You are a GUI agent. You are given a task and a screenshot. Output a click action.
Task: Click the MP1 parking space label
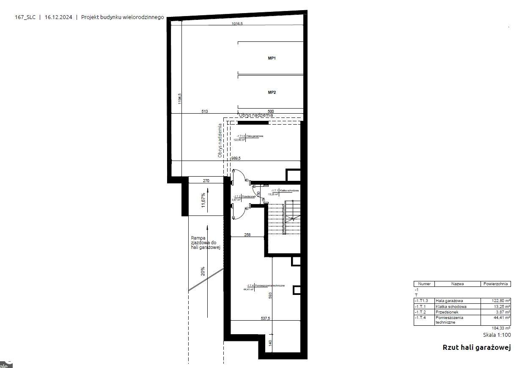pyautogui.click(x=272, y=58)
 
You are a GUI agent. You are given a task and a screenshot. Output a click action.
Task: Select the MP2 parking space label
pyautogui.click(x=272, y=92)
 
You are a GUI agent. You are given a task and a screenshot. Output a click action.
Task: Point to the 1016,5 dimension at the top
pyautogui.click(x=237, y=24)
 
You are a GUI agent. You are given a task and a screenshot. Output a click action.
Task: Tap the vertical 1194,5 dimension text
pyautogui.click(x=179, y=98)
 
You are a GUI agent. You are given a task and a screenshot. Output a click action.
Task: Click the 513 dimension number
pyautogui.click(x=204, y=112)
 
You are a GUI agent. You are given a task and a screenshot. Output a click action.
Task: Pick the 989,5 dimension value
pyautogui.click(x=236, y=158)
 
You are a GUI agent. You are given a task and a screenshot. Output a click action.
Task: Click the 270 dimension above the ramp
pyautogui.click(x=206, y=181)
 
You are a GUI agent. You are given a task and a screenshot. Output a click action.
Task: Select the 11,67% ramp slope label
pyautogui.click(x=203, y=201)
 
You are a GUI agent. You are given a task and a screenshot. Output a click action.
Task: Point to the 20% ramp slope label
pyautogui.click(x=203, y=271)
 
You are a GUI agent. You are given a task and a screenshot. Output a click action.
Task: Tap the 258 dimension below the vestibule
pyautogui.click(x=247, y=234)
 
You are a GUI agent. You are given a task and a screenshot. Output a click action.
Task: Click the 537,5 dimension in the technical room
pyautogui.click(x=265, y=319)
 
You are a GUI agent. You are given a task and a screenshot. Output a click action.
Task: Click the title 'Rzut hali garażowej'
pyautogui.click(x=477, y=348)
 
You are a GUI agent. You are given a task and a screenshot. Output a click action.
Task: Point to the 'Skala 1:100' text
pyautogui.click(x=497, y=335)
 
